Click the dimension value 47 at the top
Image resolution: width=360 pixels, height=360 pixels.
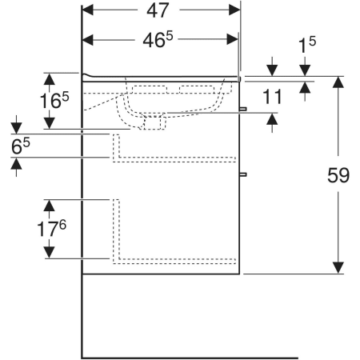click(x=158, y=10)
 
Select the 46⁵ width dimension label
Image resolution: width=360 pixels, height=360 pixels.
click(x=158, y=39)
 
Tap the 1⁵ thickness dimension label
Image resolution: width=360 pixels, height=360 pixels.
click(x=307, y=44)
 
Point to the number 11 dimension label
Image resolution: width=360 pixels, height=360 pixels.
click(x=272, y=97)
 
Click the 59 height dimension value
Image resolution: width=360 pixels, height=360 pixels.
click(x=338, y=175)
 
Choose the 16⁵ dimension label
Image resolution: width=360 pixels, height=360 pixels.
click(x=54, y=100)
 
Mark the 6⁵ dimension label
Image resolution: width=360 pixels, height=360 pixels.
click(x=21, y=146)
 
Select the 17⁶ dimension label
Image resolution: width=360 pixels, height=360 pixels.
click(x=51, y=229)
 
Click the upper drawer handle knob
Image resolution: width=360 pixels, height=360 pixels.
click(x=243, y=109)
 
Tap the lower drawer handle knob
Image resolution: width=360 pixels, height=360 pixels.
click(x=243, y=174)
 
